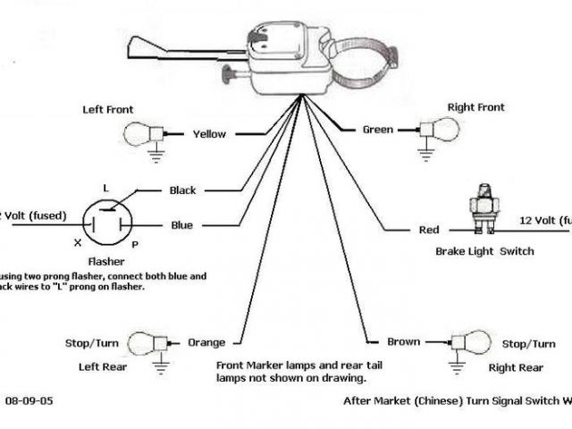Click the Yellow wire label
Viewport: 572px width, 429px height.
point(209,134)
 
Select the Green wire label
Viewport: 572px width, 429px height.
point(377,130)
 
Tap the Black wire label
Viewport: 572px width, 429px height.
point(182,190)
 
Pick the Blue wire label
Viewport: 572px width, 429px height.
point(181,225)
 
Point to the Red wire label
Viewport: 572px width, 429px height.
point(429,231)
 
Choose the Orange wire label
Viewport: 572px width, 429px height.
point(206,342)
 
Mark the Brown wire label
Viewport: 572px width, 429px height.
point(403,342)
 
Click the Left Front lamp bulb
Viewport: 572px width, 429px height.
point(139,134)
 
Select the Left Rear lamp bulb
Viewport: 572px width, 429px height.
point(142,342)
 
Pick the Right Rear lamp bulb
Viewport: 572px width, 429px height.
point(475,342)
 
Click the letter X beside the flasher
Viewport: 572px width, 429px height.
point(79,243)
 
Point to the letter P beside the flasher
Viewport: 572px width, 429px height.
point(134,243)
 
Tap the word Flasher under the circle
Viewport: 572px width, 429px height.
point(106,265)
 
